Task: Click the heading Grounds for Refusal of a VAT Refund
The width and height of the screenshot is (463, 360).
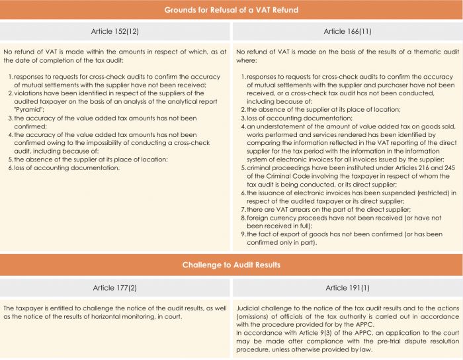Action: click(x=231, y=10)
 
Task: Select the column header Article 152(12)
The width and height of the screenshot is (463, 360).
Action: click(x=115, y=30)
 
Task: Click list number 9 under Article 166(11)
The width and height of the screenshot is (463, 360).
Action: click(x=242, y=234)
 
